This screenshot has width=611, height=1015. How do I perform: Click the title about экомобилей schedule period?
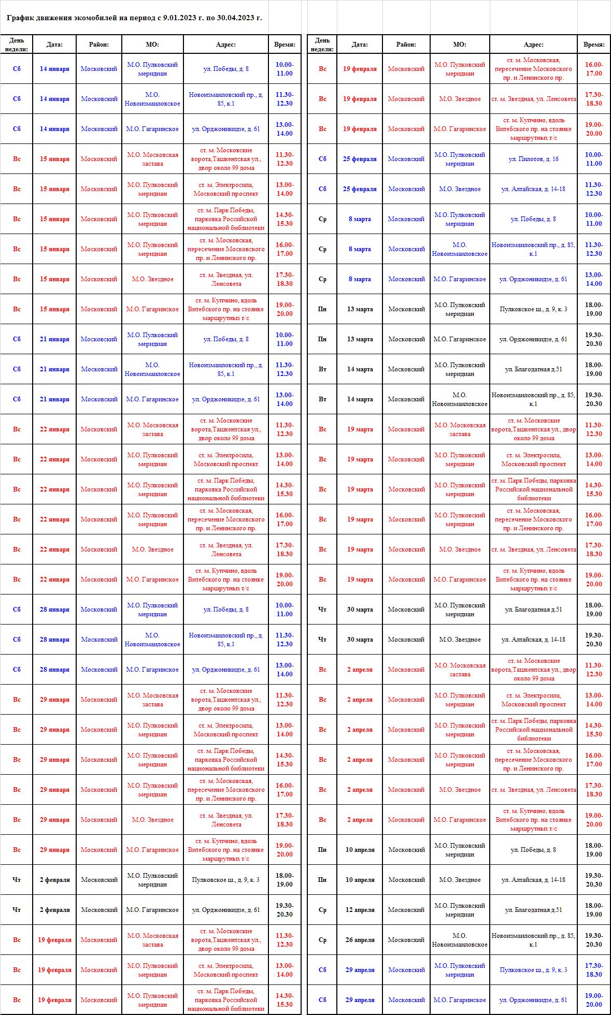(x=134, y=18)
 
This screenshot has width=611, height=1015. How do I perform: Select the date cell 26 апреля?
(x=360, y=939)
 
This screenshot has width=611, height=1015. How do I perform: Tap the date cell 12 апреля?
(x=360, y=909)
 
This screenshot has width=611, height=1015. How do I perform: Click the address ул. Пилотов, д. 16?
(x=533, y=159)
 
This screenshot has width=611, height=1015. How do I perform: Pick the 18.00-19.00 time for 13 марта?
(x=593, y=309)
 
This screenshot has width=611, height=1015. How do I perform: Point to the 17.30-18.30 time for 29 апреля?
(x=593, y=969)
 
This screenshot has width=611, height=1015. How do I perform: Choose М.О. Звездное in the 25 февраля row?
(x=460, y=189)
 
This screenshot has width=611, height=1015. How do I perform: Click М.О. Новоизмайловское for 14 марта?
(x=460, y=399)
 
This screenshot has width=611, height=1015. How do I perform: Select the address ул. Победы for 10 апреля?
(x=533, y=849)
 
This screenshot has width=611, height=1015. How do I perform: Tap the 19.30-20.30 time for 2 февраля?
(x=284, y=909)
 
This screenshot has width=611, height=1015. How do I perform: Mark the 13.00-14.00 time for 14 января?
(x=284, y=129)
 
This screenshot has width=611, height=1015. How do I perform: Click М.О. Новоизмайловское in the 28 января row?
(x=152, y=640)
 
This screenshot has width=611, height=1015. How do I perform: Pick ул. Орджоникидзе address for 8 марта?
(x=533, y=279)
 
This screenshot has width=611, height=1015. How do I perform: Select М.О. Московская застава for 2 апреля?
(x=460, y=670)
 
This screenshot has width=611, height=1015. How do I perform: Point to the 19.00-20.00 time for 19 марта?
(x=593, y=579)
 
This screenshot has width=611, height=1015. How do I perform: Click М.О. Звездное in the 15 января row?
(x=152, y=279)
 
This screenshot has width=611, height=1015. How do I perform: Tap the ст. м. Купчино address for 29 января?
(x=226, y=849)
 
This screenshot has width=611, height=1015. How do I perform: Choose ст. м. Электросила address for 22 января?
(x=226, y=459)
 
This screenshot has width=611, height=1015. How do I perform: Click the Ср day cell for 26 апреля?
(x=322, y=939)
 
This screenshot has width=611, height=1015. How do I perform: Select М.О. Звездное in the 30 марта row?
(x=460, y=640)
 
